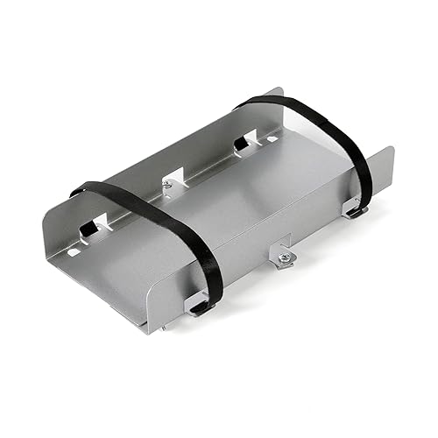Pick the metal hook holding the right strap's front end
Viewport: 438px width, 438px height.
(x=355, y=210)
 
